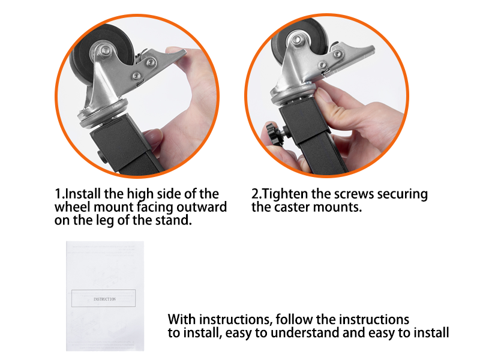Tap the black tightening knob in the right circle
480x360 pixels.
coord(275,131)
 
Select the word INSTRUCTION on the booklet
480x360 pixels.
coord(104,298)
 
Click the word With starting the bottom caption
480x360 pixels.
coord(182,319)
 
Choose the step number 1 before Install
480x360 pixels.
coord(58,194)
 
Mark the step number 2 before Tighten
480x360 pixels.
coord(255,194)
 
